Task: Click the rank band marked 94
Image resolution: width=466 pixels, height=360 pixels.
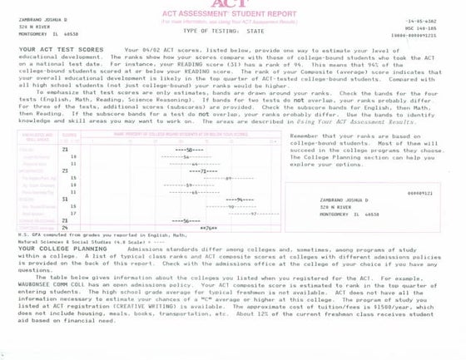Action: coord(240,200)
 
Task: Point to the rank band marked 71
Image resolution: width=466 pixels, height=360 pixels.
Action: coord(203,170)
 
